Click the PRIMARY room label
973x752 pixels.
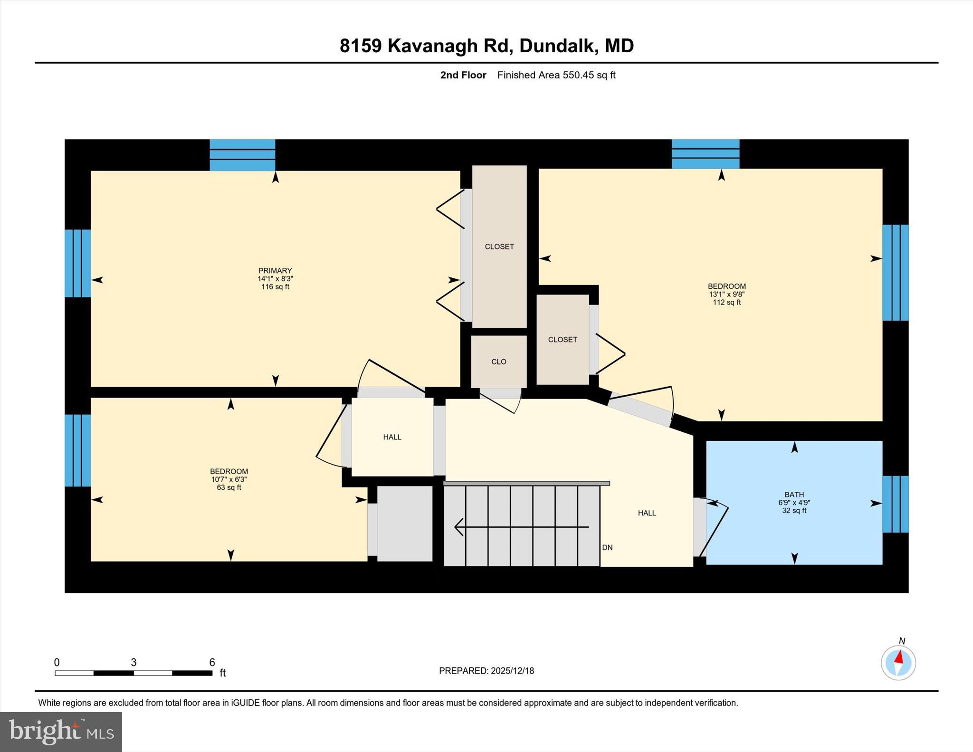(x=275, y=271)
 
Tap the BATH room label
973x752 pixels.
(x=794, y=495)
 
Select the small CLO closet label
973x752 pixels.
(x=498, y=362)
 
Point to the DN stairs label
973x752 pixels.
(x=607, y=548)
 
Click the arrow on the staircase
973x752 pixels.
(x=521, y=527)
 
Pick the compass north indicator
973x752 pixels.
(x=898, y=662)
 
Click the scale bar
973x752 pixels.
(x=134, y=673)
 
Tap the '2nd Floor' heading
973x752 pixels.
(x=463, y=75)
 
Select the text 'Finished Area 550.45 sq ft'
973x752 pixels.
(x=556, y=75)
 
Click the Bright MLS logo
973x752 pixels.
(x=61, y=732)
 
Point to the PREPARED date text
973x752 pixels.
(x=486, y=671)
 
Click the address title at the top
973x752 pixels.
(x=486, y=46)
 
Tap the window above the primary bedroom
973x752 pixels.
(x=242, y=155)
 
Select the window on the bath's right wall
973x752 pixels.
(x=895, y=504)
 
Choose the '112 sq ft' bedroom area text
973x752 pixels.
(x=726, y=303)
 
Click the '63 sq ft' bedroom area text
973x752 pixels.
(x=229, y=488)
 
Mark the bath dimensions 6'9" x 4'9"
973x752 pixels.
(x=794, y=503)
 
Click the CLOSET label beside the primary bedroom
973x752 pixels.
(x=499, y=247)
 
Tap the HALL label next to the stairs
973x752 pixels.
(x=647, y=513)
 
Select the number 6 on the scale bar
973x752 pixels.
(x=212, y=662)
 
